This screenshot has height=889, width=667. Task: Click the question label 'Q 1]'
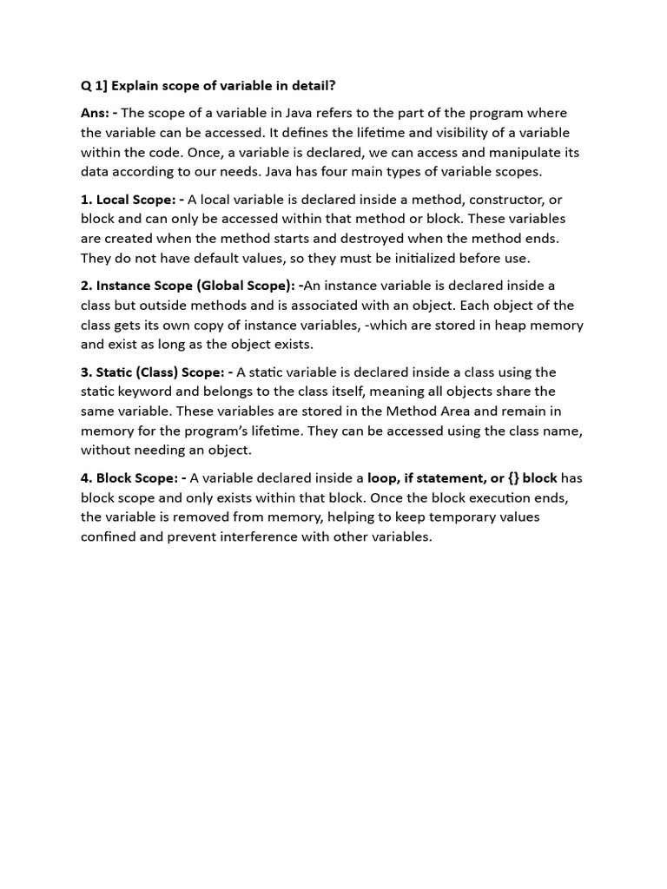pyautogui.click(x=93, y=86)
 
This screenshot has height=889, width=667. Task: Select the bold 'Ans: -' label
pyautogui.click(x=100, y=113)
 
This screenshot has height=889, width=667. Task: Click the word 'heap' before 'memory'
pyautogui.click(x=507, y=325)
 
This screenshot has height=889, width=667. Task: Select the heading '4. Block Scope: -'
pyautogui.click(x=134, y=478)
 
